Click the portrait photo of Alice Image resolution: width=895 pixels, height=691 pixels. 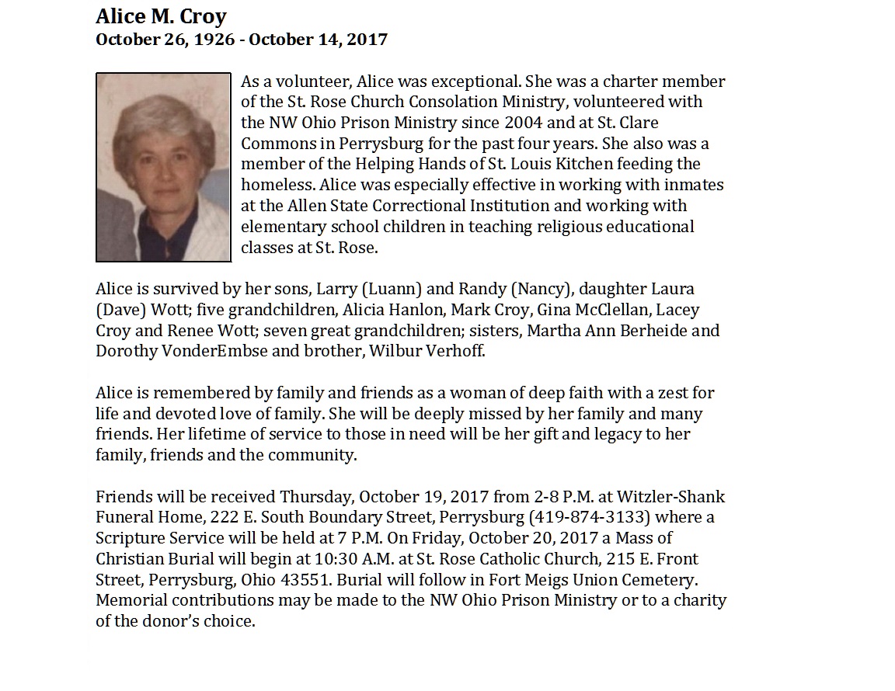tap(163, 167)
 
